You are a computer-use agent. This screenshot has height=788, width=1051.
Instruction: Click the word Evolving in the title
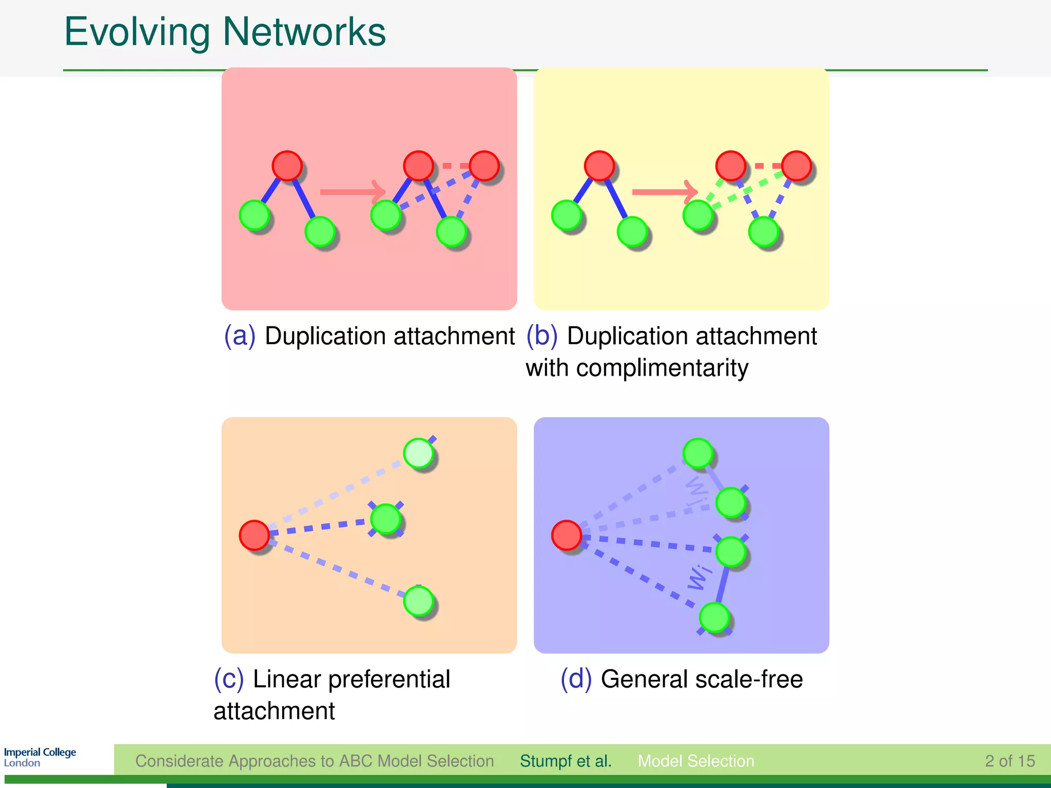(137, 33)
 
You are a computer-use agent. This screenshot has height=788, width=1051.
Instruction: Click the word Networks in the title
(304, 32)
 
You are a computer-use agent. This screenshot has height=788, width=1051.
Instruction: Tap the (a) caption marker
(240, 336)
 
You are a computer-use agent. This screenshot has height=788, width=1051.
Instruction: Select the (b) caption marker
(542, 336)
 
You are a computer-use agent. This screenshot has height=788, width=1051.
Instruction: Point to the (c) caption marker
(229, 679)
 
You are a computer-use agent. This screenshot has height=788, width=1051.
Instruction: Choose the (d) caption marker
(576, 679)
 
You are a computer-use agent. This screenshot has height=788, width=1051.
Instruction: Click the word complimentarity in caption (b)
(662, 368)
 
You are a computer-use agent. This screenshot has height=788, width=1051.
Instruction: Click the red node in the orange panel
(255, 535)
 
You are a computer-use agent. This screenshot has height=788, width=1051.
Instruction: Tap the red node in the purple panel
(567, 535)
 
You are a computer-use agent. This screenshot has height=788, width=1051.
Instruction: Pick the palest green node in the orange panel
(419, 453)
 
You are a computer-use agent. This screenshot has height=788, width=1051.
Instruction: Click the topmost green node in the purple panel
(698, 453)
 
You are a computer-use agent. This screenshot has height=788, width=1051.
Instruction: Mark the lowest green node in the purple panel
(714, 617)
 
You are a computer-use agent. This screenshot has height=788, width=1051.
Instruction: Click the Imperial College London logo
(40, 757)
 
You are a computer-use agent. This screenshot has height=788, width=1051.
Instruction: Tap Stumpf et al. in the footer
(566, 761)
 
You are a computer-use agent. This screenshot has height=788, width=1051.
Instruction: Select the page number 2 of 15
(1009, 761)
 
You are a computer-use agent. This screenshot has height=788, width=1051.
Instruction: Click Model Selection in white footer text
(696, 761)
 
